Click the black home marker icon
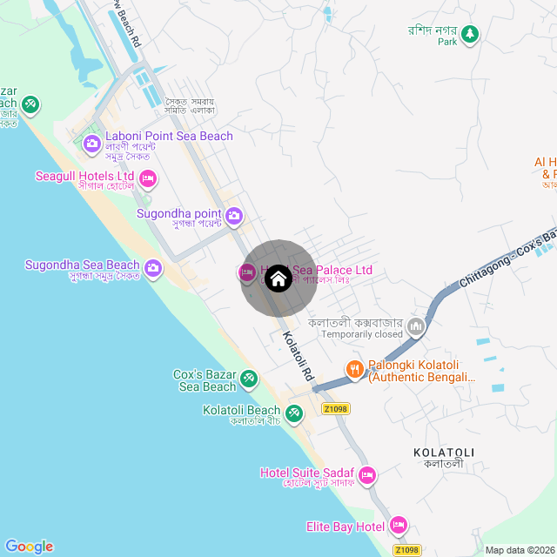point(278,278)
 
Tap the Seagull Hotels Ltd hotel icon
point(147,179)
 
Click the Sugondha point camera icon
point(234,215)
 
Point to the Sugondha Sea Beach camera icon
point(153,266)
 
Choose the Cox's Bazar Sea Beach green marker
point(249,379)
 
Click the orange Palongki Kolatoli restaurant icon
point(354,369)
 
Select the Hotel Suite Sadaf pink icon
point(367,475)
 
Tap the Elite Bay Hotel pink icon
point(399,525)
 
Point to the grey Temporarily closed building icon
point(416,327)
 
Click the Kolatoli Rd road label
point(298,357)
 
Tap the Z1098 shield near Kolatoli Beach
point(334,408)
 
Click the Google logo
point(29,546)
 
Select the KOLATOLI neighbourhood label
point(444,453)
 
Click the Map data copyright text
point(519,550)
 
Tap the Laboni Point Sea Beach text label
point(169,136)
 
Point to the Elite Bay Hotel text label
point(346,527)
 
